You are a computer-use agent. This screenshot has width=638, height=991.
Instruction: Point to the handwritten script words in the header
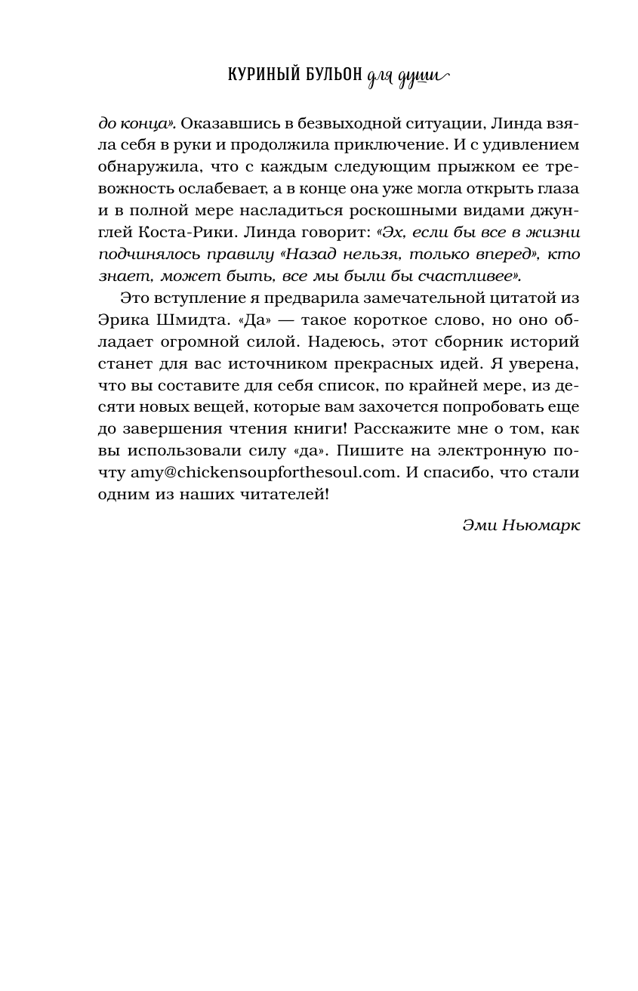tap(408, 77)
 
